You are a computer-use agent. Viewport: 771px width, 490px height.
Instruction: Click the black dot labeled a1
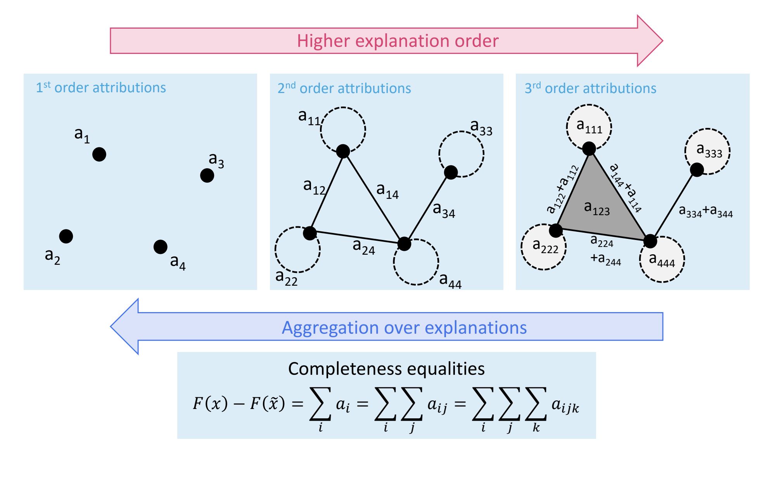[x=99, y=154]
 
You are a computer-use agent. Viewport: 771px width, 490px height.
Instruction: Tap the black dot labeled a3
[x=207, y=176]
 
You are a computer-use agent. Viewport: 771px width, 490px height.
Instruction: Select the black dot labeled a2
[x=66, y=236]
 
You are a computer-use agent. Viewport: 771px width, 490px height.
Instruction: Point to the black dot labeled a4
[x=160, y=247]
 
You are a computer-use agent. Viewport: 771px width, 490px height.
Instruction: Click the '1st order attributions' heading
[x=101, y=87]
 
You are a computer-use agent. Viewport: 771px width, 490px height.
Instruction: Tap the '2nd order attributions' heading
[x=344, y=88]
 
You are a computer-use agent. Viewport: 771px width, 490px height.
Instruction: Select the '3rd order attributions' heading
[x=590, y=88]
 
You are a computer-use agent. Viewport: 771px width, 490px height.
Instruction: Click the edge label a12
[x=314, y=186]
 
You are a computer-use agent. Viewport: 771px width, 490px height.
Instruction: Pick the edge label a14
[x=387, y=190]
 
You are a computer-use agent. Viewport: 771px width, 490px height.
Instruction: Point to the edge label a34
[x=444, y=210]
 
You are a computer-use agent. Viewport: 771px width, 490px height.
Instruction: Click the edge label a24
[x=364, y=247]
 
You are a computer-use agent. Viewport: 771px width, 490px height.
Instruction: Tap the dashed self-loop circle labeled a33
[x=462, y=154]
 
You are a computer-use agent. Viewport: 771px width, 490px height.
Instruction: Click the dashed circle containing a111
[x=589, y=127]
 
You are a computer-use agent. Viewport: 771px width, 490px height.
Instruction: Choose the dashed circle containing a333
[x=707, y=151]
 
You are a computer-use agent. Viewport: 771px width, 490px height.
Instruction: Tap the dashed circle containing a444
[x=662, y=259]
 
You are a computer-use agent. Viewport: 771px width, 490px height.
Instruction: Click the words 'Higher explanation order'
[x=398, y=41]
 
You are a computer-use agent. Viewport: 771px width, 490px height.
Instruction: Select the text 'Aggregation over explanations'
[x=404, y=328]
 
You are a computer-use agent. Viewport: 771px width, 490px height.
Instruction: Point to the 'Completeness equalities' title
[x=386, y=369]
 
